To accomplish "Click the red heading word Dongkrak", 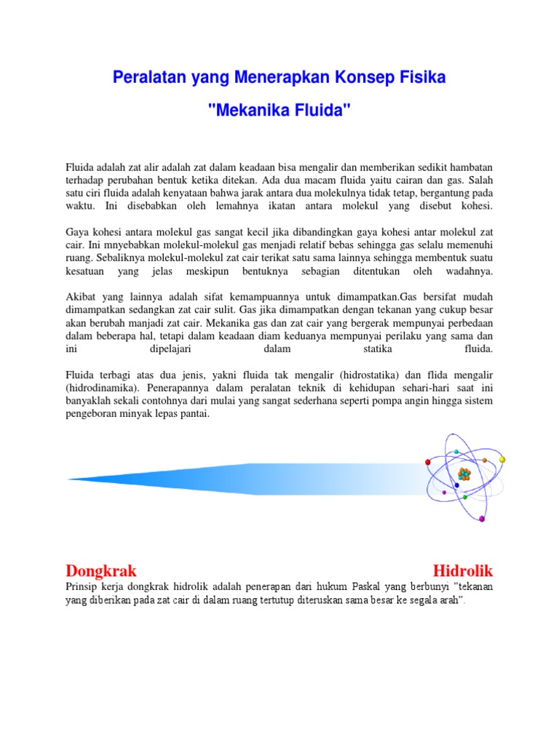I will coord(101,569).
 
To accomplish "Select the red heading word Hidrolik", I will coord(462,569).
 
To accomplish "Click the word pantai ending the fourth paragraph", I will coord(190,414).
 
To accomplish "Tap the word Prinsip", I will coord(82,586).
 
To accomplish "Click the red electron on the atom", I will coord(428,463).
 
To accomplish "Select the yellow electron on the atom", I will coord(502,460).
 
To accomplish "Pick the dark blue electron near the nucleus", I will coord(456,485).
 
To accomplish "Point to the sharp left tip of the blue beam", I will coord(68,479).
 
